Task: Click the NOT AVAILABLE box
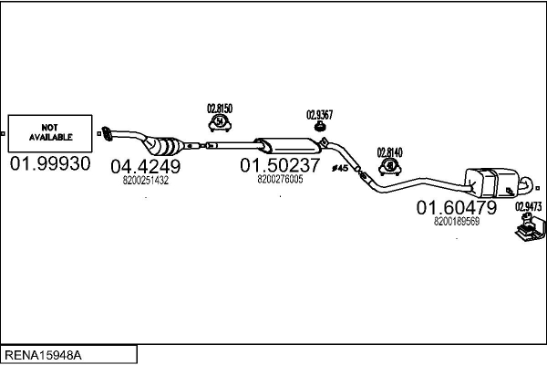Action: click(x=50, y=134)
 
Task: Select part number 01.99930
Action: click(x=50, y=165)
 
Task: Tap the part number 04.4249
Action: click(x=146, y=166)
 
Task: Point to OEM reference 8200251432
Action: click(x=146, y=180)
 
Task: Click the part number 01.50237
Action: click(x=280, y=166)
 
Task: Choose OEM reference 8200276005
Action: click(x=280, y=179)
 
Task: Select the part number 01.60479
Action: click(x=457, y=208)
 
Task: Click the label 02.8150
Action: click(x=220, y=109)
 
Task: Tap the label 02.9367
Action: click(x=320, y=114)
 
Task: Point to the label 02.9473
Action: click(x=529, y=206)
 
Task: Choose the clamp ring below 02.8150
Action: click(x=220, y=123)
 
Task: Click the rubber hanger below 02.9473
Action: click(x=526, y=235)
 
